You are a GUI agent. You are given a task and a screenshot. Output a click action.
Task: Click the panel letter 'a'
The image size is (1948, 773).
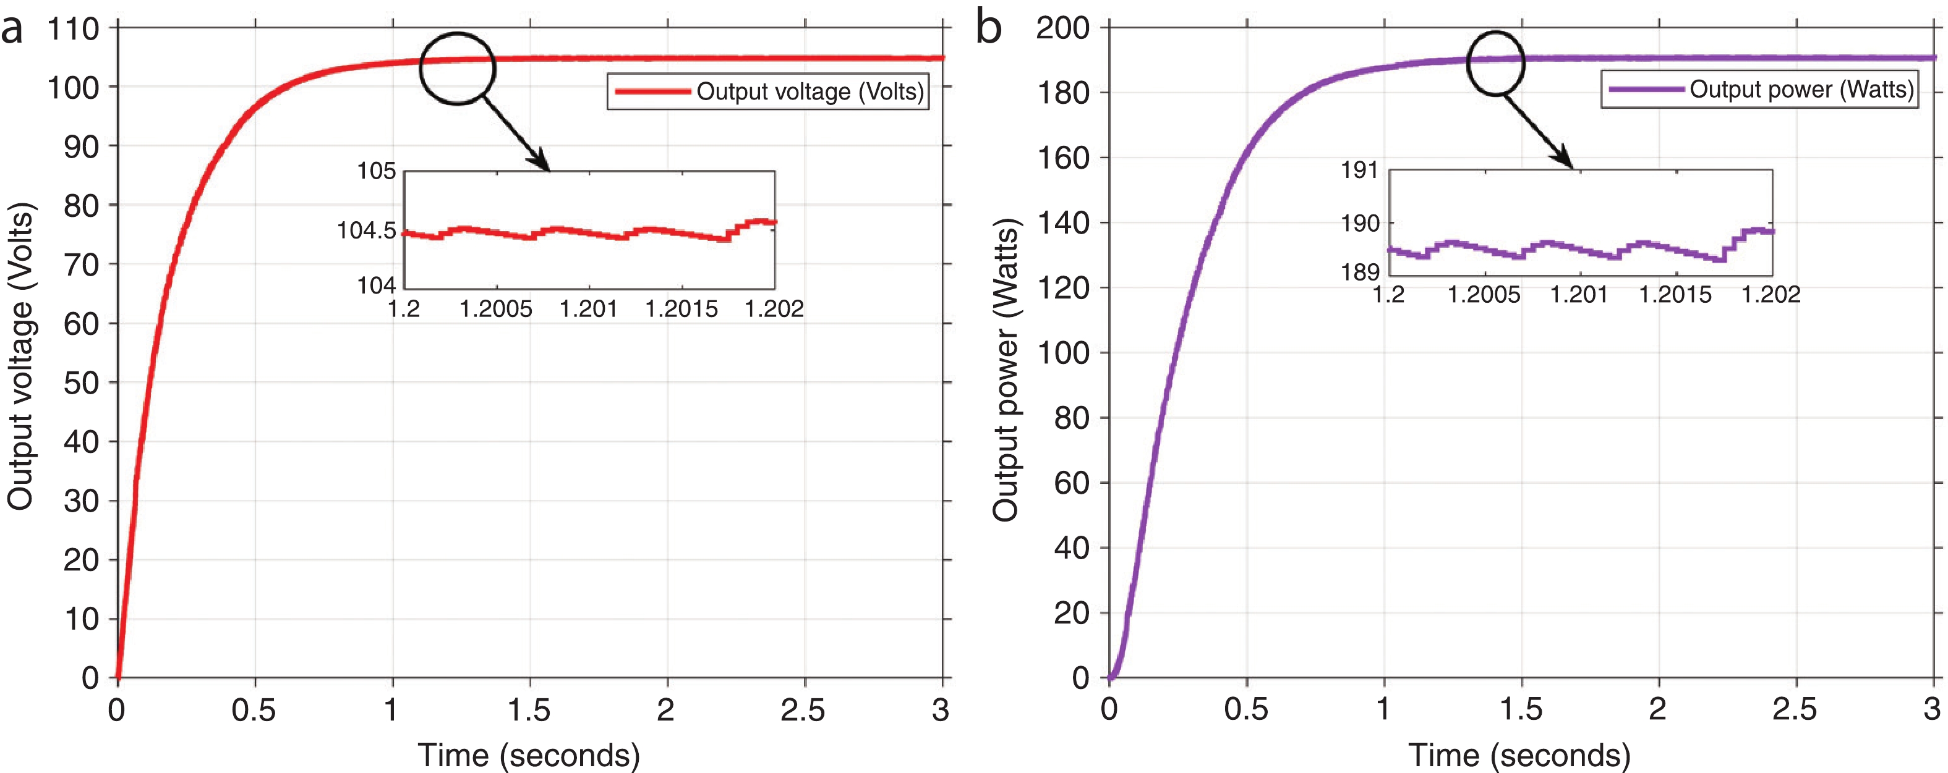tap(12, 30)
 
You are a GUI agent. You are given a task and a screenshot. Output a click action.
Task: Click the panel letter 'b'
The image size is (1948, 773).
tap(988, 28)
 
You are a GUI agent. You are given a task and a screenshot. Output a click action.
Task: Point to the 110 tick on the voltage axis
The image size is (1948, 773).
tap(74, 30)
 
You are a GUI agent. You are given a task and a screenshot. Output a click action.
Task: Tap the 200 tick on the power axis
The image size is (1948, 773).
tap(1062, 28)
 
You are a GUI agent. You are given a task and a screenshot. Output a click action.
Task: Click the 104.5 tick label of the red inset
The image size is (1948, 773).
tap(366, 230)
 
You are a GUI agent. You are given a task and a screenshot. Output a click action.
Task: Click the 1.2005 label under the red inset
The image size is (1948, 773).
tap(496, 309)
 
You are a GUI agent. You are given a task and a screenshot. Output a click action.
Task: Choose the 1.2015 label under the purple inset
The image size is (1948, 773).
tap(1675, 295)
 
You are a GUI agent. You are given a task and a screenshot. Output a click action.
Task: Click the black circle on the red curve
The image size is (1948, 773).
tap(457, 69)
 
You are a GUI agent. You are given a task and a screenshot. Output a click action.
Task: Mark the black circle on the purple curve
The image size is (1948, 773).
tap(1495, 62)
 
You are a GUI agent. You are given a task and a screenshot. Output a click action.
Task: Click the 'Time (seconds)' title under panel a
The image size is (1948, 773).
tap(529, 755)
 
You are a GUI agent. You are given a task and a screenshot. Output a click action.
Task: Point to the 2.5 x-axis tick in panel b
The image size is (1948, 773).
tap(1795, 709)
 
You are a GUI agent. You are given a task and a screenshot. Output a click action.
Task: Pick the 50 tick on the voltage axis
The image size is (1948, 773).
tap(81, 383)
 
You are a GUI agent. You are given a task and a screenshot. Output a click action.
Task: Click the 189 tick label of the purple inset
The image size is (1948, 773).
tap(1360, 272)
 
